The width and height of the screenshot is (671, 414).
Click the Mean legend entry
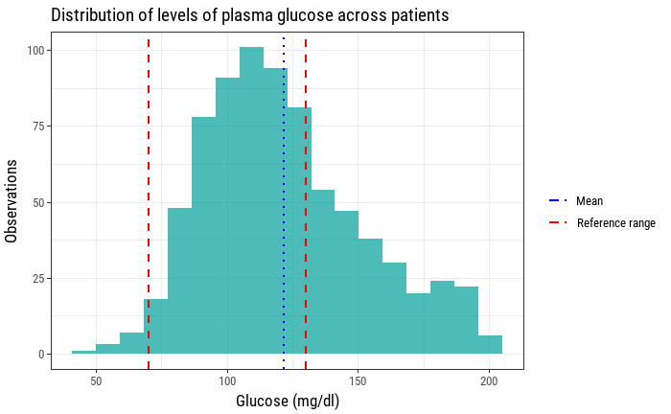tap(589, 201)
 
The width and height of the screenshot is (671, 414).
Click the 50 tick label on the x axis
tap(96, 380)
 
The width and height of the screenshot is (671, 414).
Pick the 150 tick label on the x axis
tap(359, 380)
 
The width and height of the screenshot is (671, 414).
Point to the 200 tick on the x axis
tap(490, 380)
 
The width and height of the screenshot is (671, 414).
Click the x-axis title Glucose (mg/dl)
tap(288, 401)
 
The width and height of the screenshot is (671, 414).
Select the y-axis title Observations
tap(12, 201)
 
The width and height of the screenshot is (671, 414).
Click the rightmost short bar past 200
tap(490, 345)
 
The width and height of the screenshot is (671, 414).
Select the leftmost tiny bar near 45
tap(84, 353)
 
